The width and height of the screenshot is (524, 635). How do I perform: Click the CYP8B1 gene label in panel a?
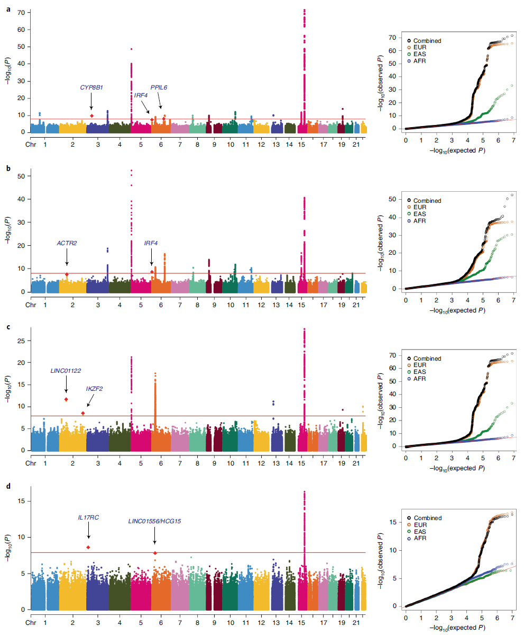[91, 87]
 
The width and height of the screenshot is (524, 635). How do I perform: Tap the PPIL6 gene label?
[159, 87]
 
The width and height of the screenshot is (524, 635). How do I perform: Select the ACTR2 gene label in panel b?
[67, 243]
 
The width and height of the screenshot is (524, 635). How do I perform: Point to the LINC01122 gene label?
[66, 370]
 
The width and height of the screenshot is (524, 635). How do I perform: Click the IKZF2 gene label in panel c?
[94, 389]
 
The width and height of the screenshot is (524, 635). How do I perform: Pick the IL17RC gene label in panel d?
[88, 517]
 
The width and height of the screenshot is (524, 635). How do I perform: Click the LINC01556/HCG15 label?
[154, 521]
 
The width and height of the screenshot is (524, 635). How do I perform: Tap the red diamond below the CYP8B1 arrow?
[91, 115]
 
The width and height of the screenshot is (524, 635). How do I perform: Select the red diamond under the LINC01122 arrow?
[66, 399]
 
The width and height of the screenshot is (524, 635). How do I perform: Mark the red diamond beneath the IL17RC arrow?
[88, 547]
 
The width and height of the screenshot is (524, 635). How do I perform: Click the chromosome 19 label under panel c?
[342, 462]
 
